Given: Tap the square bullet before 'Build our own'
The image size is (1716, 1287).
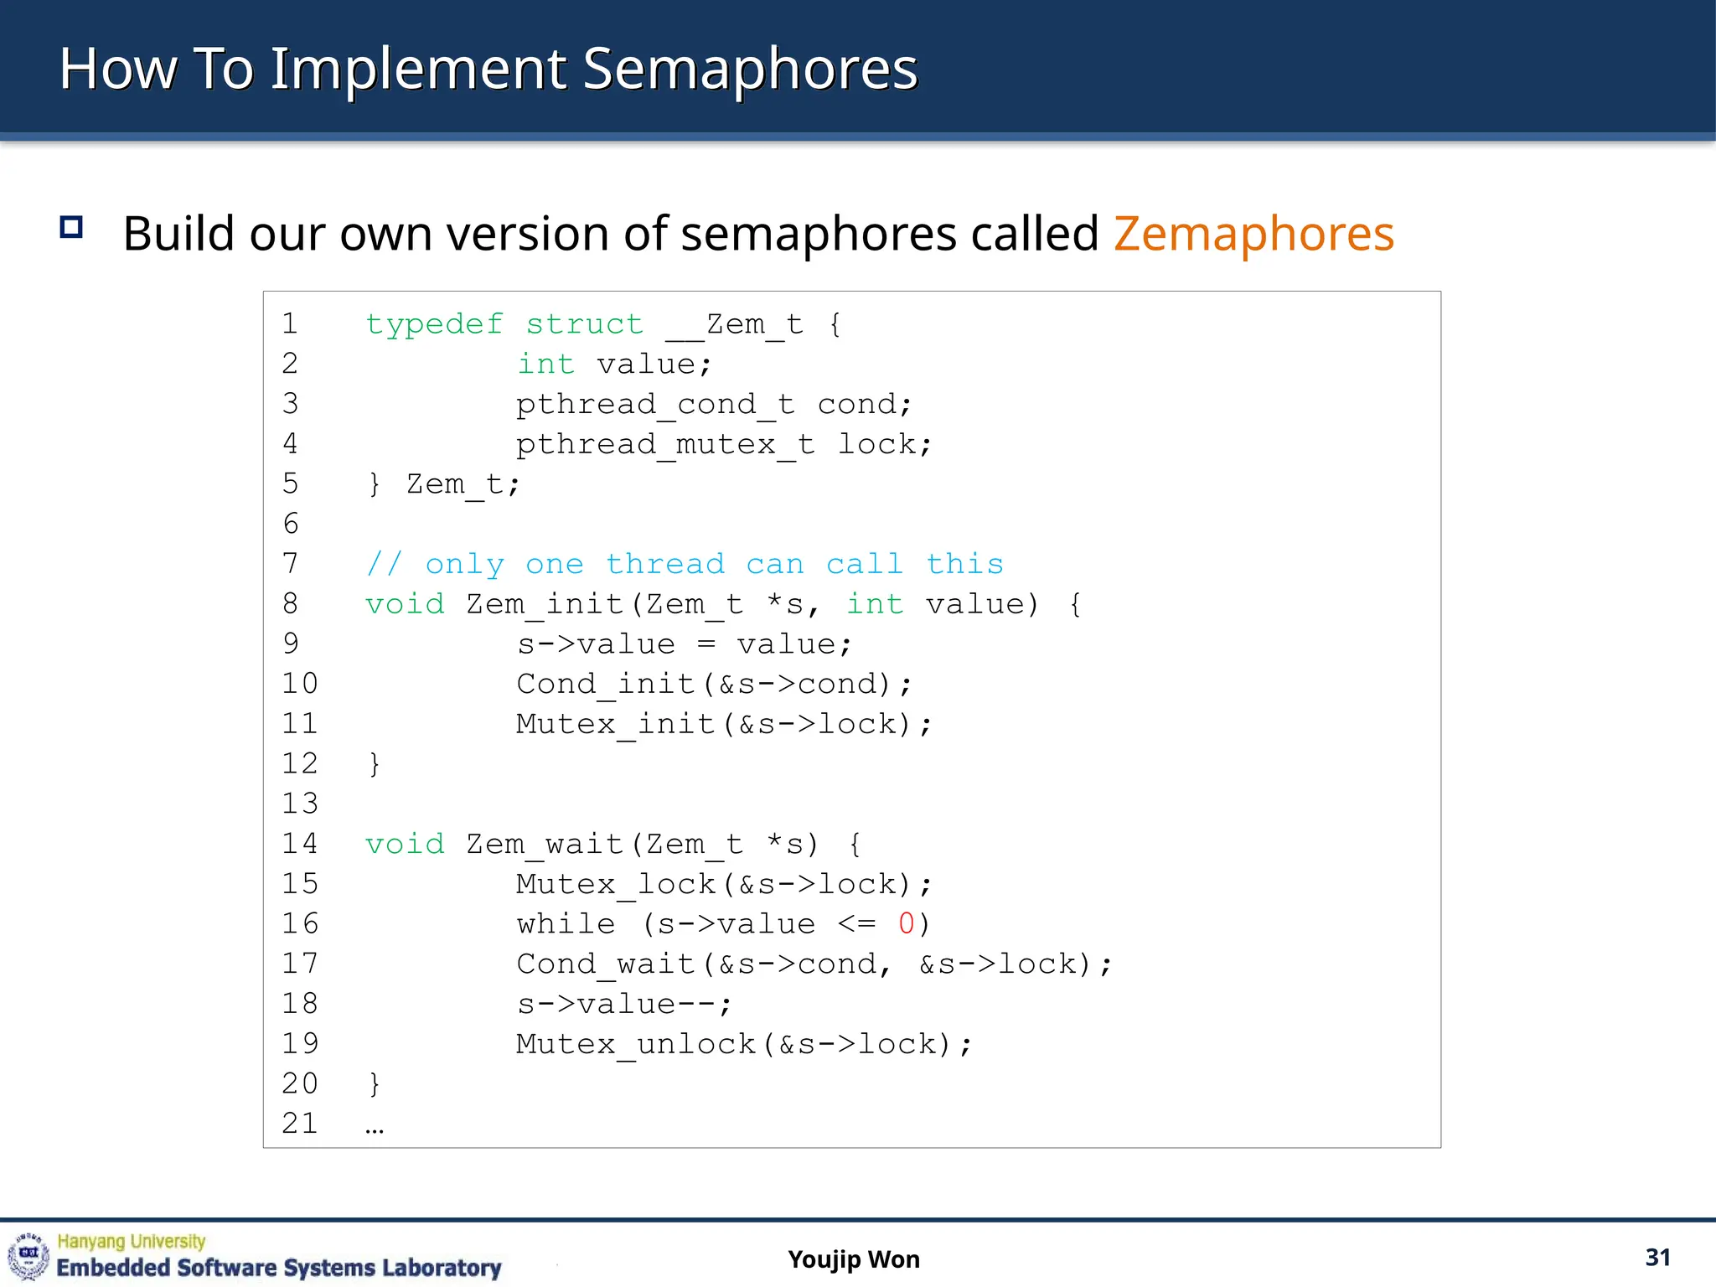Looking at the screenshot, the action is [x=71, y=227].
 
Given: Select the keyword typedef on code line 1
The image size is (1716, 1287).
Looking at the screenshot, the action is [x=434, y=324].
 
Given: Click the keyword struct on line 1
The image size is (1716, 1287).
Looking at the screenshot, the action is [x=584, y=324].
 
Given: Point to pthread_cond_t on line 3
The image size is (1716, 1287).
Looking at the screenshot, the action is [x=655, y=405].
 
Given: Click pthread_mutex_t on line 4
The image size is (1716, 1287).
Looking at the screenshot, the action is [x=665, y=445].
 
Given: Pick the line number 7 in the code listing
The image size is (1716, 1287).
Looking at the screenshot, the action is [x=291, y=564].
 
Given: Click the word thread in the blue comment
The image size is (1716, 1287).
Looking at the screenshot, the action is [x=665, y=564].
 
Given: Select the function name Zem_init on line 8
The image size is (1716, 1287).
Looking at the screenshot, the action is [x=545, y=604].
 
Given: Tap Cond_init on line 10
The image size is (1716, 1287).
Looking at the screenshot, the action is [x=605, y=685].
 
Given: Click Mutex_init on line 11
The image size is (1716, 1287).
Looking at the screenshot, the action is [x=615, y=724].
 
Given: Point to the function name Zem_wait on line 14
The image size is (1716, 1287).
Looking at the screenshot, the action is [x=545, y=844].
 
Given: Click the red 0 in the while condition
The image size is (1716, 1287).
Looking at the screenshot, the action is [x=906, y=924].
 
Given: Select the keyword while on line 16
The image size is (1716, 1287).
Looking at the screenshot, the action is [x=566, y=924].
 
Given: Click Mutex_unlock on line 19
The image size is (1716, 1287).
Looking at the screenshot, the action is [x=636, y=1044].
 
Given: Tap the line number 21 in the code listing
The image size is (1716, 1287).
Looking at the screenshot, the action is [x=300, y=1124].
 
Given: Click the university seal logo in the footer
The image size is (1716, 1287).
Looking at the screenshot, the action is [x=28, y=1256].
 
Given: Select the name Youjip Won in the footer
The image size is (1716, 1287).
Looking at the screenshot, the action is [x=854, y=1259].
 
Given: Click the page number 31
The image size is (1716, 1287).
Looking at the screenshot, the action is [x=1657, y=1258].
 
